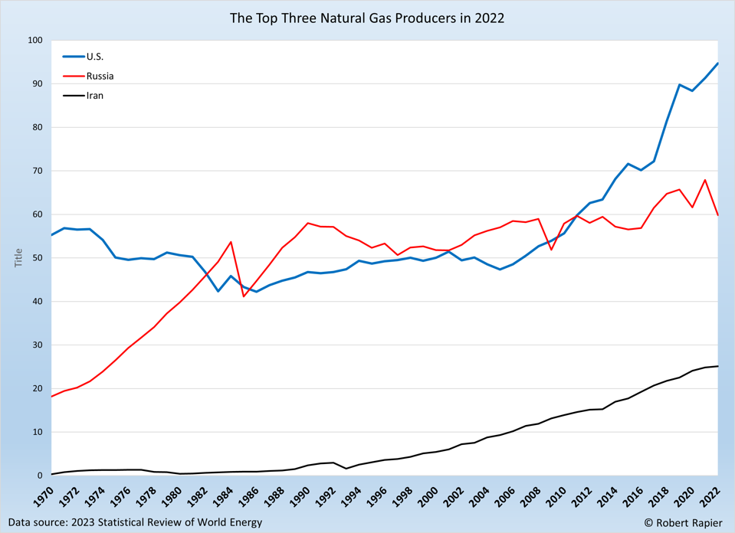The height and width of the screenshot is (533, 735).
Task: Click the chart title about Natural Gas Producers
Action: tap(367, 18)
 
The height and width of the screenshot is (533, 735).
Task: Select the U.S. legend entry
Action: tap(94, 57)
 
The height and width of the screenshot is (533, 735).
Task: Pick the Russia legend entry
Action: tap(100, 77)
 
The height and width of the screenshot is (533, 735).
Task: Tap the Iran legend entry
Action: tap(94, 96)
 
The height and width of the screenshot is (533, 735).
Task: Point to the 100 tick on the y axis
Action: tap(34, 41)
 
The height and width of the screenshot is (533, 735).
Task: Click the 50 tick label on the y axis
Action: tap(37, 258)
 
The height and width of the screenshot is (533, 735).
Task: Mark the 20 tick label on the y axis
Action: tap(37, 388)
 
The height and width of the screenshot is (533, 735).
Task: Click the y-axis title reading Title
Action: tap(19, 258)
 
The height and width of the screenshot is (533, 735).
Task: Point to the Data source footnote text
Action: tap(135, 522)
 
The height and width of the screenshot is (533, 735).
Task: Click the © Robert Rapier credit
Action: tap(683, 522)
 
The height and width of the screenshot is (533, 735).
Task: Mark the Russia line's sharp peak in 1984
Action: tap(231, 242)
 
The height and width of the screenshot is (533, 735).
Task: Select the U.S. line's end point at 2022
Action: tap(718, 64)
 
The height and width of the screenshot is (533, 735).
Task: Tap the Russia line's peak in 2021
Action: tap(705, 180)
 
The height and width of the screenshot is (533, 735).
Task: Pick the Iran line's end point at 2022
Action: tap(718, 366)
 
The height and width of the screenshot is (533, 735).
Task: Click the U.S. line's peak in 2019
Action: tap(680, 85)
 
